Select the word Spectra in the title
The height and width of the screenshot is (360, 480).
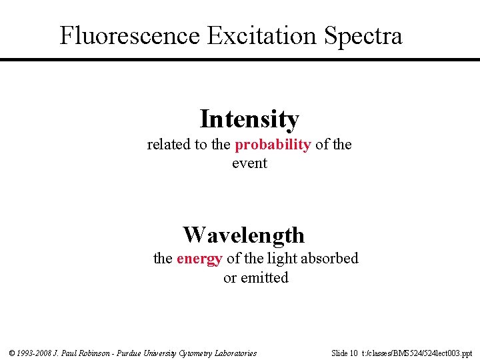(363, 35)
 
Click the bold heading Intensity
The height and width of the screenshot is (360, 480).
(249, 119)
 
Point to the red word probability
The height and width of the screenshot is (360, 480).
(273, 145)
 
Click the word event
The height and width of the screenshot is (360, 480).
(249, 163)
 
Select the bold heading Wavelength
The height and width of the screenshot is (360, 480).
(243, 235)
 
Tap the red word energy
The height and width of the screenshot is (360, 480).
(199, 259)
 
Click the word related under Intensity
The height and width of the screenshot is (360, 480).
(168, 145)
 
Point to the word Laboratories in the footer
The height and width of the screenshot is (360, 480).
(234, 353)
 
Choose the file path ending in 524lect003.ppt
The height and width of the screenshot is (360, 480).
(417, 353)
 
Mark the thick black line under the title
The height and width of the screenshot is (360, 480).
(240, 60)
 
